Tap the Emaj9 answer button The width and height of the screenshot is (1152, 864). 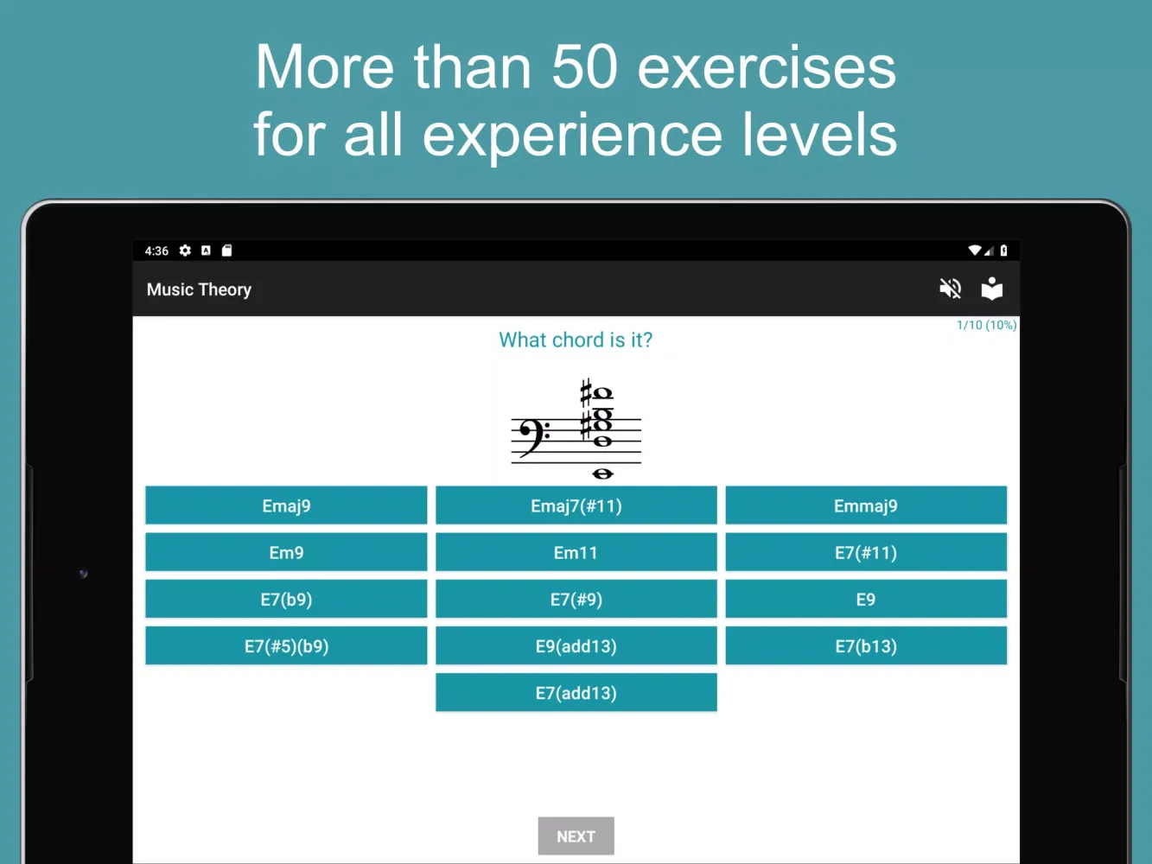[x=286, y=505]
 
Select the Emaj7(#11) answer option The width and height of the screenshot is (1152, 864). [x=576, y=505]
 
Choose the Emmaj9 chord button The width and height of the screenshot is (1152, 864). [x=866, y=505]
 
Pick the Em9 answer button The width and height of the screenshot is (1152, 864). [x=286, y=552]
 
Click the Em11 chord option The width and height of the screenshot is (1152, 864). [x=576, y=552]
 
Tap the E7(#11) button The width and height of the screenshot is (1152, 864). [x=866, y=552]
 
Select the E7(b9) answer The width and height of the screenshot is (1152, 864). [x=286, y=599]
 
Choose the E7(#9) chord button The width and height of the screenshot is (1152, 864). [x=576, y=599]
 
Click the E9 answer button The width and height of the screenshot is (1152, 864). [x=866, y=599]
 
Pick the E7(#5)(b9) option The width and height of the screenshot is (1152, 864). [x=286, y=645]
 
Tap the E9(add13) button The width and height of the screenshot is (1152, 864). [x=576, y=645]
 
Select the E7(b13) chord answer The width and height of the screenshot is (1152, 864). [x=866, y=645]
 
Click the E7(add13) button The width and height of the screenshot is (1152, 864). [x=576, y=692]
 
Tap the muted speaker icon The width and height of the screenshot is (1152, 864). [x=950, y=289]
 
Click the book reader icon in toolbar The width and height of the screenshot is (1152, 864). [x=992, y=289]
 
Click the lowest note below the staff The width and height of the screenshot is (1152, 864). [x=602, y=473]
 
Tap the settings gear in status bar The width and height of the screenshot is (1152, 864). [x=185, y=251]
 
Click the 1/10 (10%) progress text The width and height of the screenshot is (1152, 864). [x=986, y=325]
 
